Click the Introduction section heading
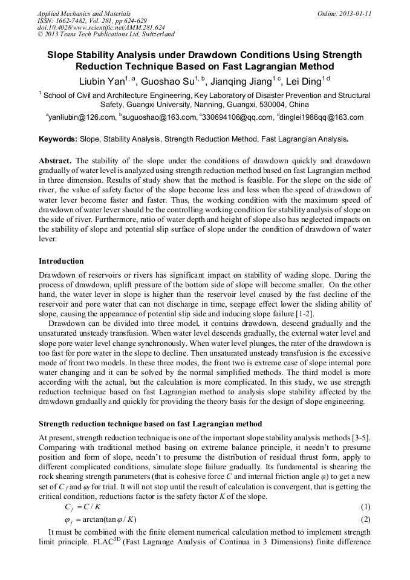pyautogui.click(x=61, y=261)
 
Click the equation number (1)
pyautogui.click(x=365, y=506)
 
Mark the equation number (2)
pyautogui.click(x=365, y=519)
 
